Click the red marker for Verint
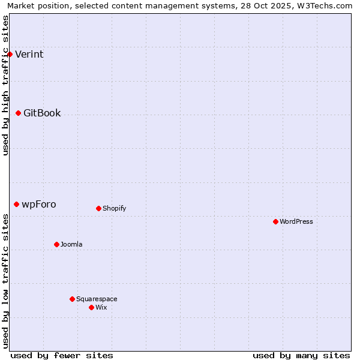click(x=10, y=54)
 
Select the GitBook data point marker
click(x=18, y=113)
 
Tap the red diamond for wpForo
click(x=16, y=204)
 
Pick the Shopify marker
click(x=98, y=208)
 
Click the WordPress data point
click(x=275, y=221)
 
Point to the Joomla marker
click(x=56, y=244)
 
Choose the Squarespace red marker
click(x=72, y=299)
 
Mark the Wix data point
click(x=91, y=307)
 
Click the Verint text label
click(x=29, y=55)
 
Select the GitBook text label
click(x=42, y=113)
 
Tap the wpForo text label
click(x=39, y=205)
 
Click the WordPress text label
click(x=296, y=221)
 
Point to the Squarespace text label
click(x=97, y=299)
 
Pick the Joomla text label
click(x=71, y=244)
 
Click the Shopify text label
click(x=114, y=208)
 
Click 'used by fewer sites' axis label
click(x=62, y=355)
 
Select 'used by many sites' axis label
click(x=301, y=355)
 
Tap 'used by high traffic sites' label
click(x=5, y=85)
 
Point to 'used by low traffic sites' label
click(x=5, y=280)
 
